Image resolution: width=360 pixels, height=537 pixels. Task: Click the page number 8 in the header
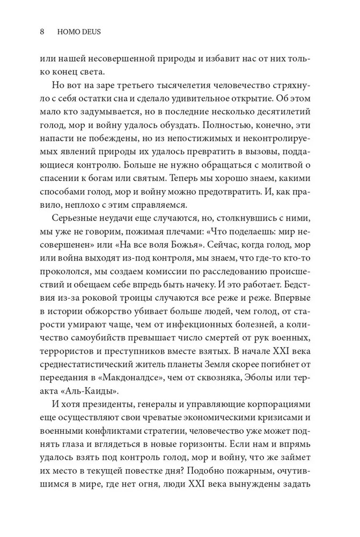[42, 32]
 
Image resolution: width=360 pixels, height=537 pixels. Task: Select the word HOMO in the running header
[67, 32]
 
